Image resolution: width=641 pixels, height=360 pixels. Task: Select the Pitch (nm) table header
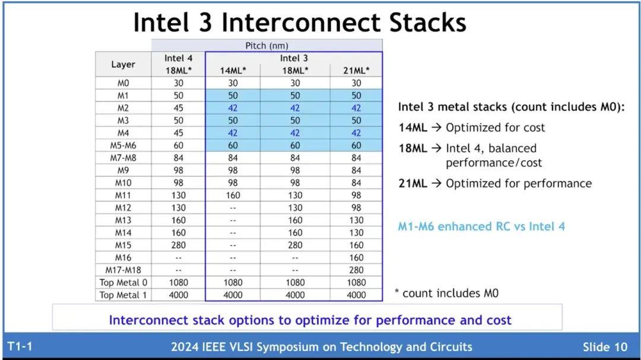click(x=267, y=46)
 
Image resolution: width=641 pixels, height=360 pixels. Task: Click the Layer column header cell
click(x=123, y=64)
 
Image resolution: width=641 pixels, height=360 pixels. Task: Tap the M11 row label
click(x=123, y=195)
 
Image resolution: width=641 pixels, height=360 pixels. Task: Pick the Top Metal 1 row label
click(x=123, y=295)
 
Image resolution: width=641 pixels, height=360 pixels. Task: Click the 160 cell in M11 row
click(x=233, y=195)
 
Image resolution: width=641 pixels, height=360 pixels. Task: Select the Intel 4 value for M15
click(x=178, y=245)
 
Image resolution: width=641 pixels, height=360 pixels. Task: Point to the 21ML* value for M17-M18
click(x=356, y=270)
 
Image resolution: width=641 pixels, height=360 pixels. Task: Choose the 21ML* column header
click(x=356, y=70)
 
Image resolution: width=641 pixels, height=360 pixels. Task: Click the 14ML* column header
click(x=233, y=70)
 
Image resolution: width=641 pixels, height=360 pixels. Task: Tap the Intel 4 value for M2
click(x=178, y=108)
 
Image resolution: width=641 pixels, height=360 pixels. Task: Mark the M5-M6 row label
click(x=123, y=145)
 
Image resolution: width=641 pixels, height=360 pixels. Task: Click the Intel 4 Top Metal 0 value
click(x=178, y=282)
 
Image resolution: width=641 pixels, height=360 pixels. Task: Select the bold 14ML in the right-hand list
click(x=412, y=128)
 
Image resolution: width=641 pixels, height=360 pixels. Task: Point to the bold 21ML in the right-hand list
click(x=412, y=183)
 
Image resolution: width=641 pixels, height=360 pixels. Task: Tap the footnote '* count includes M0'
click(x=446, y=293)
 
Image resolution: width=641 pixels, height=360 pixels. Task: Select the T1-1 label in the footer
click(x=20, y=346)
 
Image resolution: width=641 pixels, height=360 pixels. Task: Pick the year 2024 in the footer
click(x=184, y=347)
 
